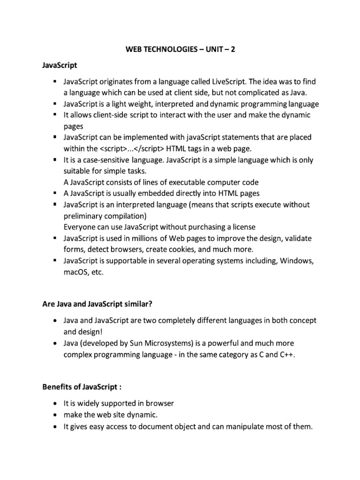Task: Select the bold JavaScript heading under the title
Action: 60,65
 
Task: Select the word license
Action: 242,227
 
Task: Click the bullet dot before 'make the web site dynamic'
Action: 55,415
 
